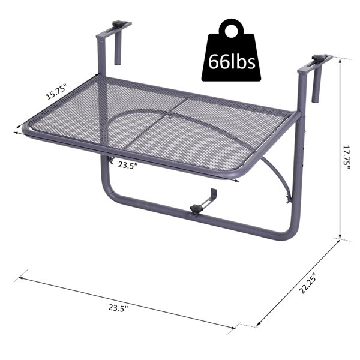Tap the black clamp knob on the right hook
point(321,59)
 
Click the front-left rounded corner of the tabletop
point(29,128)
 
